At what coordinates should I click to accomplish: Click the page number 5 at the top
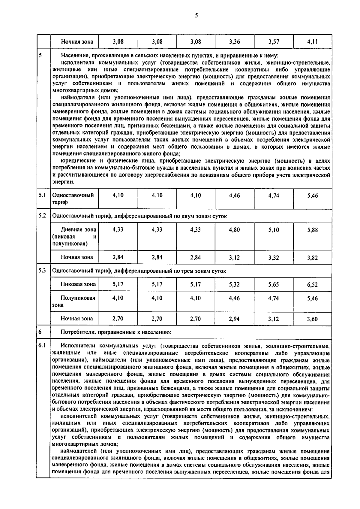[x=196, y=16]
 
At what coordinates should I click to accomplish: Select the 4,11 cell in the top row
[x=312, y=42]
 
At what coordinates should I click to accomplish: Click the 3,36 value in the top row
[x=234, y=42]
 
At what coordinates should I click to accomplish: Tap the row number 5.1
[x=42, y=195]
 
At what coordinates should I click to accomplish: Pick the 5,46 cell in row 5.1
[x=312, y=195]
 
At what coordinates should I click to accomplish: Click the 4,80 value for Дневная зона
[x=234, y=230]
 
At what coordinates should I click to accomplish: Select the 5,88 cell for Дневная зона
[x=312, y=230]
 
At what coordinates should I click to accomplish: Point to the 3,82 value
[x=312, y=258]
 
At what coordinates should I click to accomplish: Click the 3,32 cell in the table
[x=274, y=257]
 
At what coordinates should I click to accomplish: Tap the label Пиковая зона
[x=78, y=284]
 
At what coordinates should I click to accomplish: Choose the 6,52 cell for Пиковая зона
[x=312, y=285]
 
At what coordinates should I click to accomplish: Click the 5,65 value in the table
[x=274, y=284]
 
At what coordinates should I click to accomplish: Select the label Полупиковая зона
[x=74, y=301]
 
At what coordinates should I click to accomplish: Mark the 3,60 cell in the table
[x=312, y=319]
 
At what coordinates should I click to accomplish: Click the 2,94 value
[x=234, y=319]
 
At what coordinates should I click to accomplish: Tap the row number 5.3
[x=42, y=270]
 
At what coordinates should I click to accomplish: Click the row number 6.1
[x=42, y=345]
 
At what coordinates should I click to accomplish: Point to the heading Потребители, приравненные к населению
[x=116, y=332]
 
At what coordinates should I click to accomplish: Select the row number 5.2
[x=42, y=216]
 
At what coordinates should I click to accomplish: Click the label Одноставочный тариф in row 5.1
[x=73, y=198]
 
